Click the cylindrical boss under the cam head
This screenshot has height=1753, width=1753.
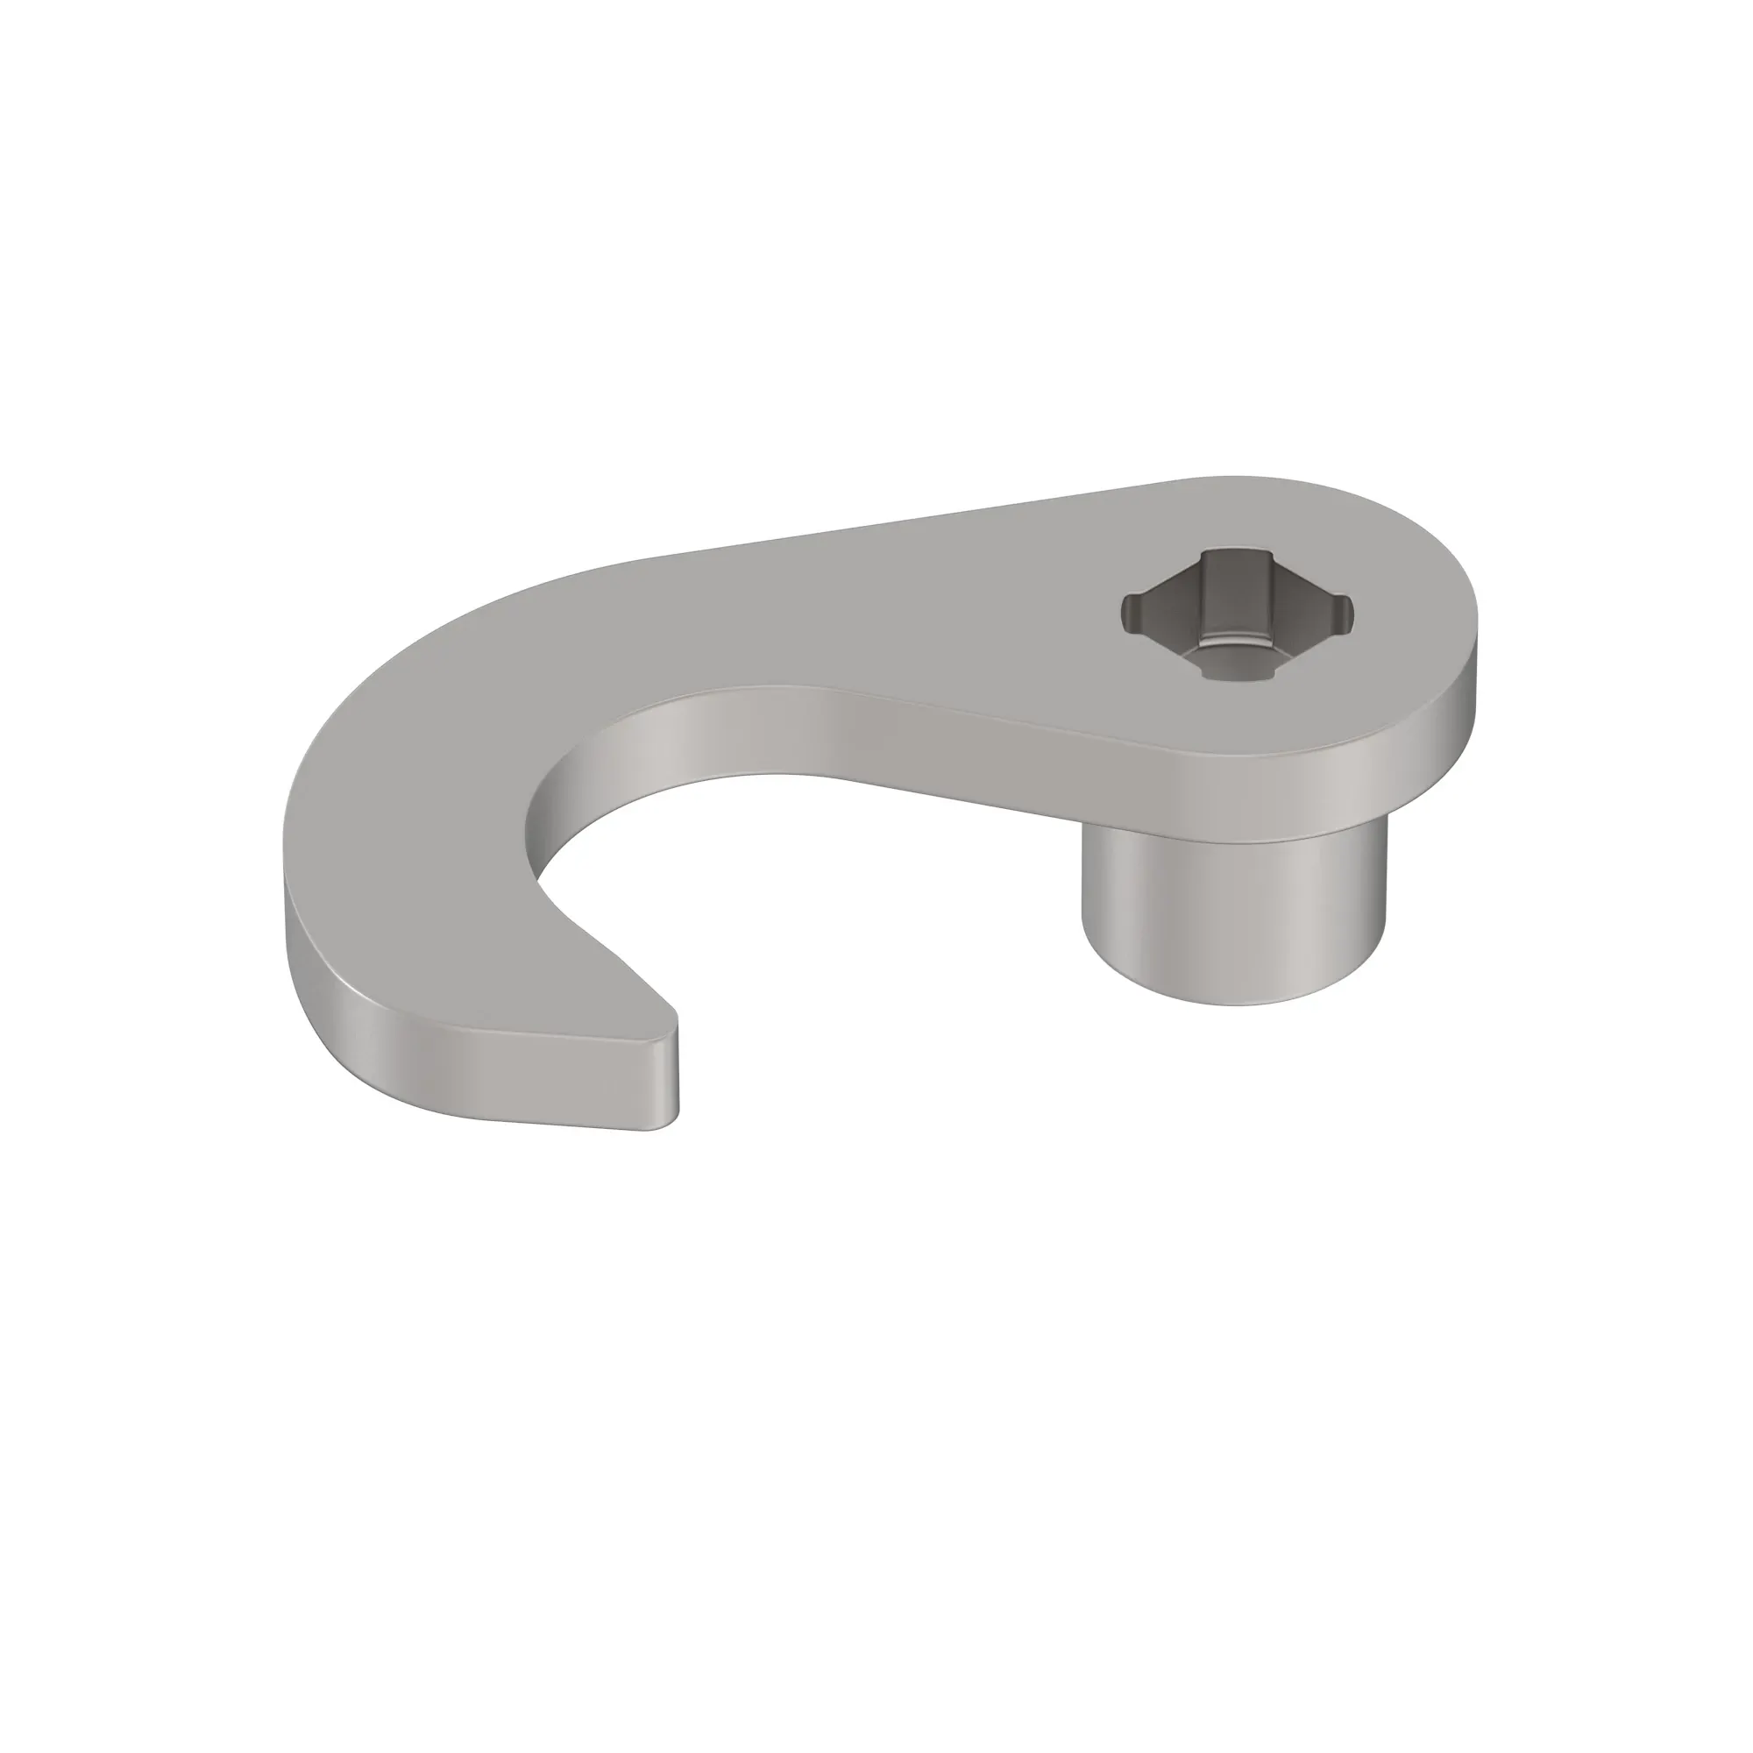[1234, 917]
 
